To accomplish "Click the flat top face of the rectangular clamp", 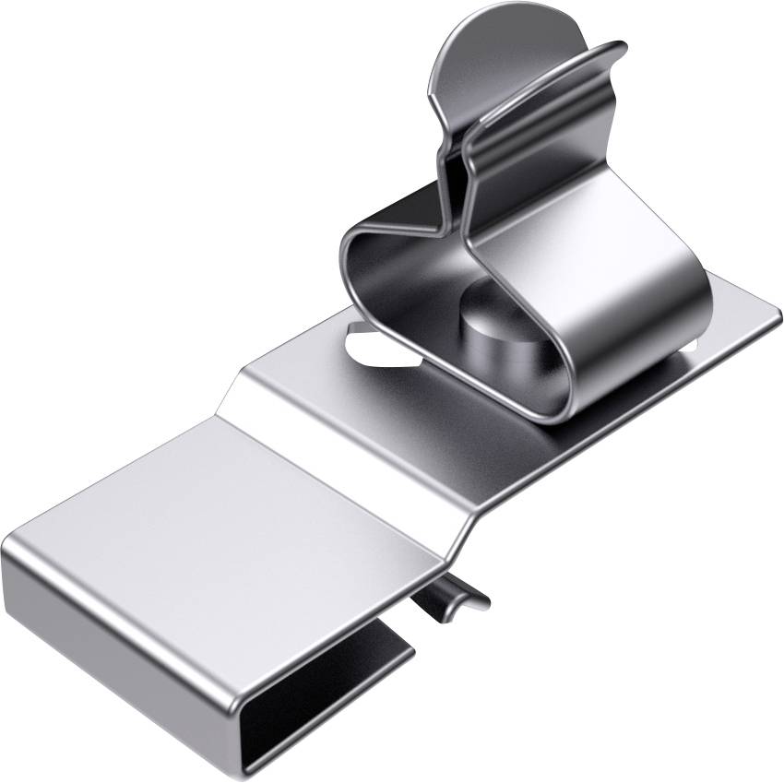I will point(231,516).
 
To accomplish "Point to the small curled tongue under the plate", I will point(452,599).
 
